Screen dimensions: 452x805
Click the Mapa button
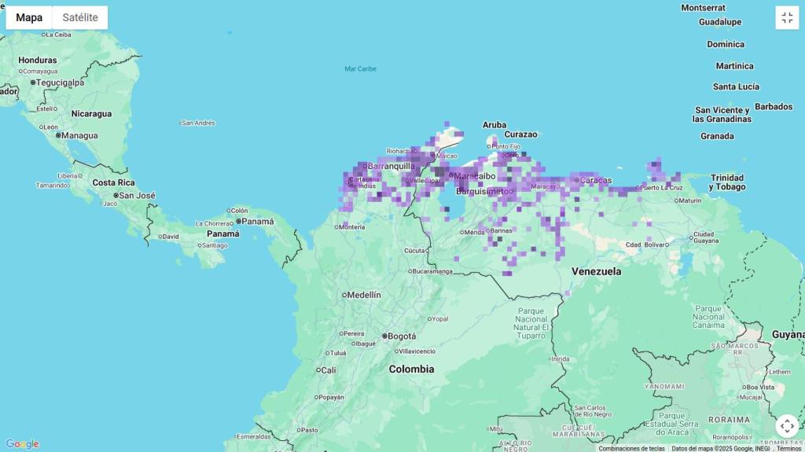pyautogui.click(x=29, y=17)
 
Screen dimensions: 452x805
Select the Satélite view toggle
pyautogui.click(x=80, y=17)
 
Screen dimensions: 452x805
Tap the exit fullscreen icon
pyautogui.click(x=787, y=18)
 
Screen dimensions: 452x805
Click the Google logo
pyautogui.click(x=22, y=444)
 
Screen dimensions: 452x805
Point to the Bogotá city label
pyautogui.click(x=401, y=336)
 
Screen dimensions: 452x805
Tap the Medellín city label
pyautogui.click(x=363, y=295)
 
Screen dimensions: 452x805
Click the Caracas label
pyautogui.click(x=595, y=180)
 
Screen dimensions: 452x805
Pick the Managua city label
pyautogui.click(x=79, y=135)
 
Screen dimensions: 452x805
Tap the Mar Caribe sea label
pyautogui.click(x=360, y=68)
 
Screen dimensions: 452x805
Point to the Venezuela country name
pyautogui.click(x=596, y=271)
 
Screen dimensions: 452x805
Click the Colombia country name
pyautogui.click(x=411, y=369)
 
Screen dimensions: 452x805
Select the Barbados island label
pyautogui.click(x=774, y=106)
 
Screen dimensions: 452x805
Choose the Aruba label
pyautogui.click(x=494, y=124)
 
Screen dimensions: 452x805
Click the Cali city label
pyautogui.click(x=328, y=369)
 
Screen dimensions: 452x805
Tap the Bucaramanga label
pyautogui.click(x=432, y=271)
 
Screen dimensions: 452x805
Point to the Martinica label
pyautogui.click(x=734, y=66)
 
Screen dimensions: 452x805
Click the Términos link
pyautogui.click(x=788, y=448)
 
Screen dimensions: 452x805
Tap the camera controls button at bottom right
pyautogui.click(x=787, y=426)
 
